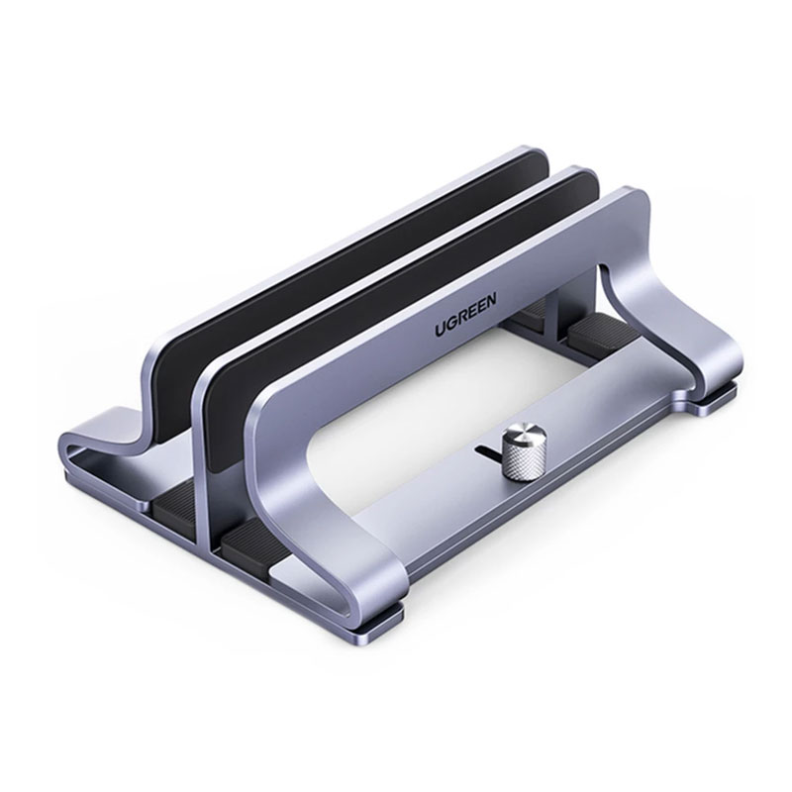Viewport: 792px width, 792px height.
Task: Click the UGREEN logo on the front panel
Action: (x=465, y=314)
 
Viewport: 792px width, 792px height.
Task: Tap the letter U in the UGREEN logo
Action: (x=441, y=330)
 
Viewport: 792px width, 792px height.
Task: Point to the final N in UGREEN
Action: (x=491, y=299)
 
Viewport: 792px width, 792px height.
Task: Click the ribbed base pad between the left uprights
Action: (x=177, y=498)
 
